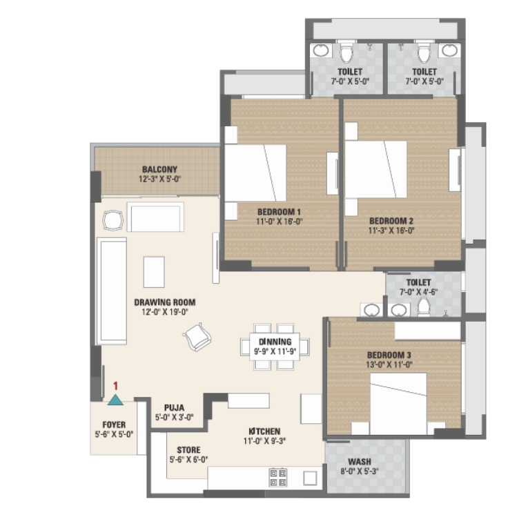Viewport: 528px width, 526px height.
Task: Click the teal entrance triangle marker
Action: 115,400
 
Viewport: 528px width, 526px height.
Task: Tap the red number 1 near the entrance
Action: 115,386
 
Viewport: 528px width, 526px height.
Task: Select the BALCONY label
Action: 159,169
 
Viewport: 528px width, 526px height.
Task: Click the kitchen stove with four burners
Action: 278,478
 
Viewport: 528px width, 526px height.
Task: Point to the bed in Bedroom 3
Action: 399,403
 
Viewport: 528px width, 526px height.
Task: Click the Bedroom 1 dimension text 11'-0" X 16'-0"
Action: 280,222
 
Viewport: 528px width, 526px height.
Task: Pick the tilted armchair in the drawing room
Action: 197,337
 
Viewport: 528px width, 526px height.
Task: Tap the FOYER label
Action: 114,425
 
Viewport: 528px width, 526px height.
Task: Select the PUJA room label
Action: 174,408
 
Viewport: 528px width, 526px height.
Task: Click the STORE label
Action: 188,450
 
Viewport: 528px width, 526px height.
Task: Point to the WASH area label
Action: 360,462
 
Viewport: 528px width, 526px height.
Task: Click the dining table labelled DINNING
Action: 275,347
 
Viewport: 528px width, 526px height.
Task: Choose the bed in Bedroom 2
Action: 375,169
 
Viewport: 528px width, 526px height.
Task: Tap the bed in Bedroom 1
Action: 255,173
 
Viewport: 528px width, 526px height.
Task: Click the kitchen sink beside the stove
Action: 310,478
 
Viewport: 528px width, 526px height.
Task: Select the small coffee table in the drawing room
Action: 154,272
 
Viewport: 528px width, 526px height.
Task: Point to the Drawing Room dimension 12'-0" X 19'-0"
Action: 165,312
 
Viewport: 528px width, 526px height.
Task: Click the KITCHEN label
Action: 264,431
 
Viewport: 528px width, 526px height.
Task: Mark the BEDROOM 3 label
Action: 389,355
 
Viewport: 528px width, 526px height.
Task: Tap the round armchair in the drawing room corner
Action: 113,221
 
